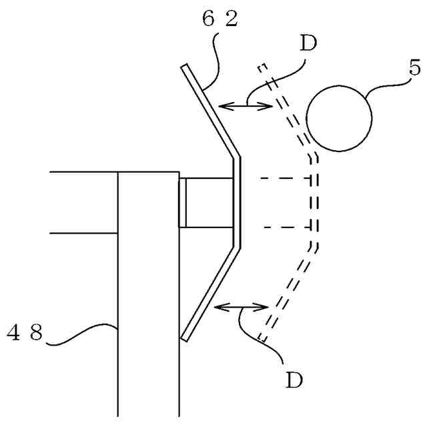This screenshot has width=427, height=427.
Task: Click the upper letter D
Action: pos(308,44)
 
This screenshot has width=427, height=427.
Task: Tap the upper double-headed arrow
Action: pos(246,104)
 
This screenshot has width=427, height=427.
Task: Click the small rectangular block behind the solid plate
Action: pos(205,203)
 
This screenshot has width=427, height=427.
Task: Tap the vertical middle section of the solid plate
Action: pos(236,203)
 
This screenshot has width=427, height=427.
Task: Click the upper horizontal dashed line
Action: pos(284,178)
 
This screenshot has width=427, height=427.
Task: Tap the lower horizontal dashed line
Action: pos(284,228)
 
